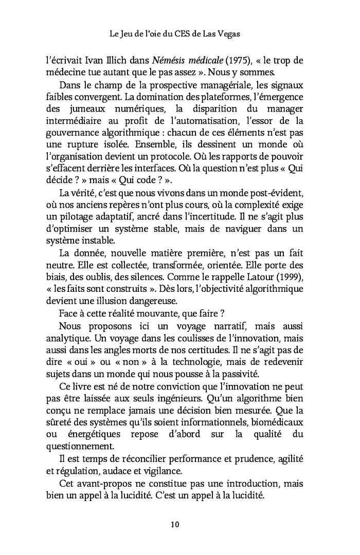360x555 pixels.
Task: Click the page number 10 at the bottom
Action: click(x=174, y=525)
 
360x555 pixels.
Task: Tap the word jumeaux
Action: click(x=89, y=108)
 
